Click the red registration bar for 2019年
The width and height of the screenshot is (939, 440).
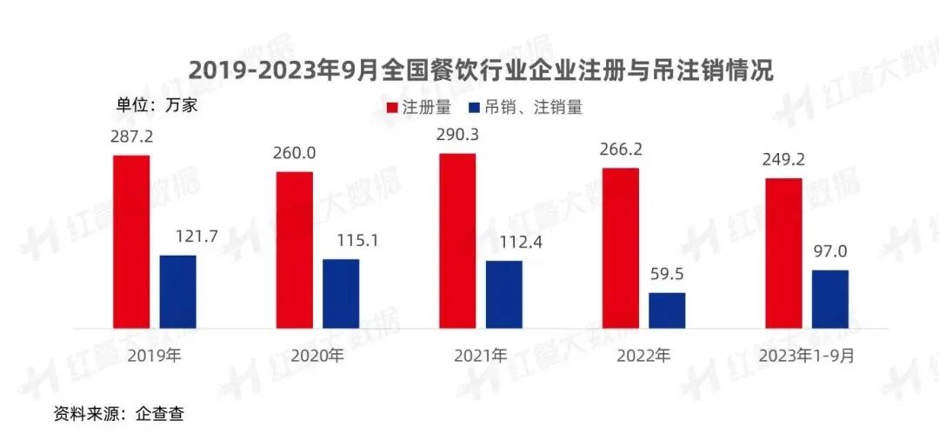tap(131, 242)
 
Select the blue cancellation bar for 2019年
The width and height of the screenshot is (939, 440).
tap(178, 291)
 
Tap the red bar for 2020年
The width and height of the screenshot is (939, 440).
tap(295, 250)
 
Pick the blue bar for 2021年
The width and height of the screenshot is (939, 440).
tap(504, 294)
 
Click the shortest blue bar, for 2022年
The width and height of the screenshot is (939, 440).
tap(667, 310)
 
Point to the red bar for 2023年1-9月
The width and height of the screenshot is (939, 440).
tap(783, 253)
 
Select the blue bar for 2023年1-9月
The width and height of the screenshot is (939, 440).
tap(830, 299)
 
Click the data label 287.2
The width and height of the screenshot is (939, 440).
tap(131, 137)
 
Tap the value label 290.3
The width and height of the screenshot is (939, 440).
tap(457, 135)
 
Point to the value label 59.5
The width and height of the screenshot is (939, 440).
tap(667, 274)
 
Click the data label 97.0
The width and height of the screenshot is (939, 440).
tap(830, 252)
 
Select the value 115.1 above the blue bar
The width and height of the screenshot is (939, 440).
tap(341, 241)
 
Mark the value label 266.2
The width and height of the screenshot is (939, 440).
tap(621, 150)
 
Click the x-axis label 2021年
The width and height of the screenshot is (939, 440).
tap(480, 355)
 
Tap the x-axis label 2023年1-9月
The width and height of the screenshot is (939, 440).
tap(806, 355)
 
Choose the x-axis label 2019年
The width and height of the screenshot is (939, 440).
tap(154, 355)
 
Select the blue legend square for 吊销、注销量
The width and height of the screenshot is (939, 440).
tap(475, 108)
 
